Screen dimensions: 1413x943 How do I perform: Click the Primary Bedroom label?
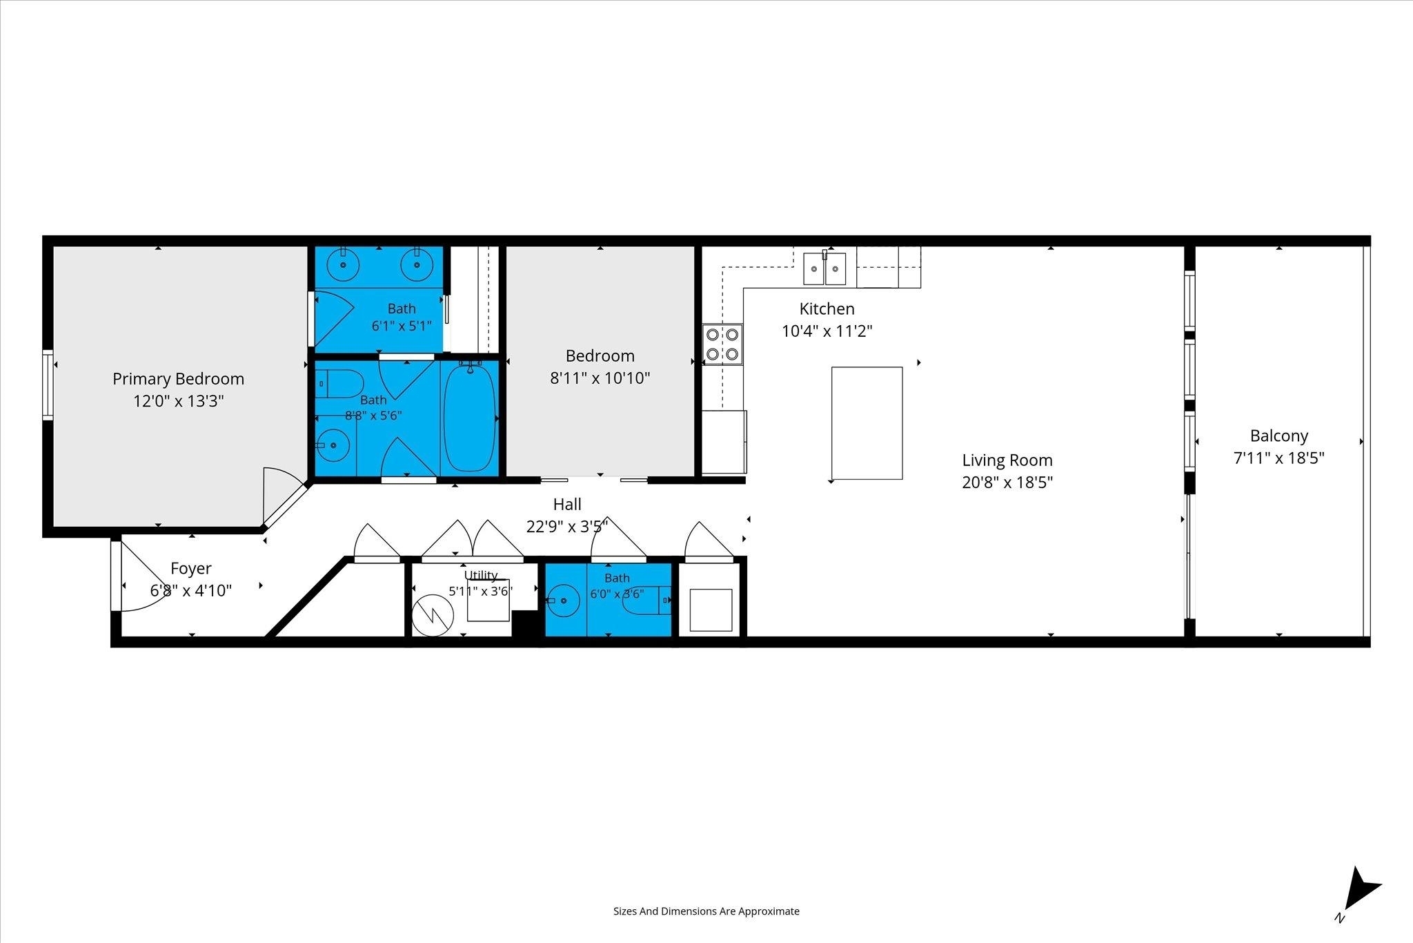[178, 379]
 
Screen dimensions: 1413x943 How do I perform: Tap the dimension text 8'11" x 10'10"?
[600, 378]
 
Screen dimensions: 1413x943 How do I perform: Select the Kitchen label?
[827, 309]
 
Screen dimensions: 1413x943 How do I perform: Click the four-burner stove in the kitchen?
[722, 344]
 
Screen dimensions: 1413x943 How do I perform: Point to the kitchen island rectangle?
[867, 423]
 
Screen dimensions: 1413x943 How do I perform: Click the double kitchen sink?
[824, 269]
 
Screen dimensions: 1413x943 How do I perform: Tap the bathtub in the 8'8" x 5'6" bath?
[469, 417]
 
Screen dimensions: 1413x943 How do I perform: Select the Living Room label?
[1007, 460]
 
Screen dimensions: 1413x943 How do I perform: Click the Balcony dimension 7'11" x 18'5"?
[1278, 458]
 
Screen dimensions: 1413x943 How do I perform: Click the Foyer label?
[191, 568]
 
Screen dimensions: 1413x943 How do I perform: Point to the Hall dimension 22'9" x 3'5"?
[567, 527]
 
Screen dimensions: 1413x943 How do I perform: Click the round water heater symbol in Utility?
[432, 615]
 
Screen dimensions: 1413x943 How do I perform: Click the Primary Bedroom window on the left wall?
[48, 385]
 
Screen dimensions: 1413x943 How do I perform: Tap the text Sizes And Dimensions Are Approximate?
[706, 911]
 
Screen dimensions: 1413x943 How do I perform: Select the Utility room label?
[481, 575]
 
